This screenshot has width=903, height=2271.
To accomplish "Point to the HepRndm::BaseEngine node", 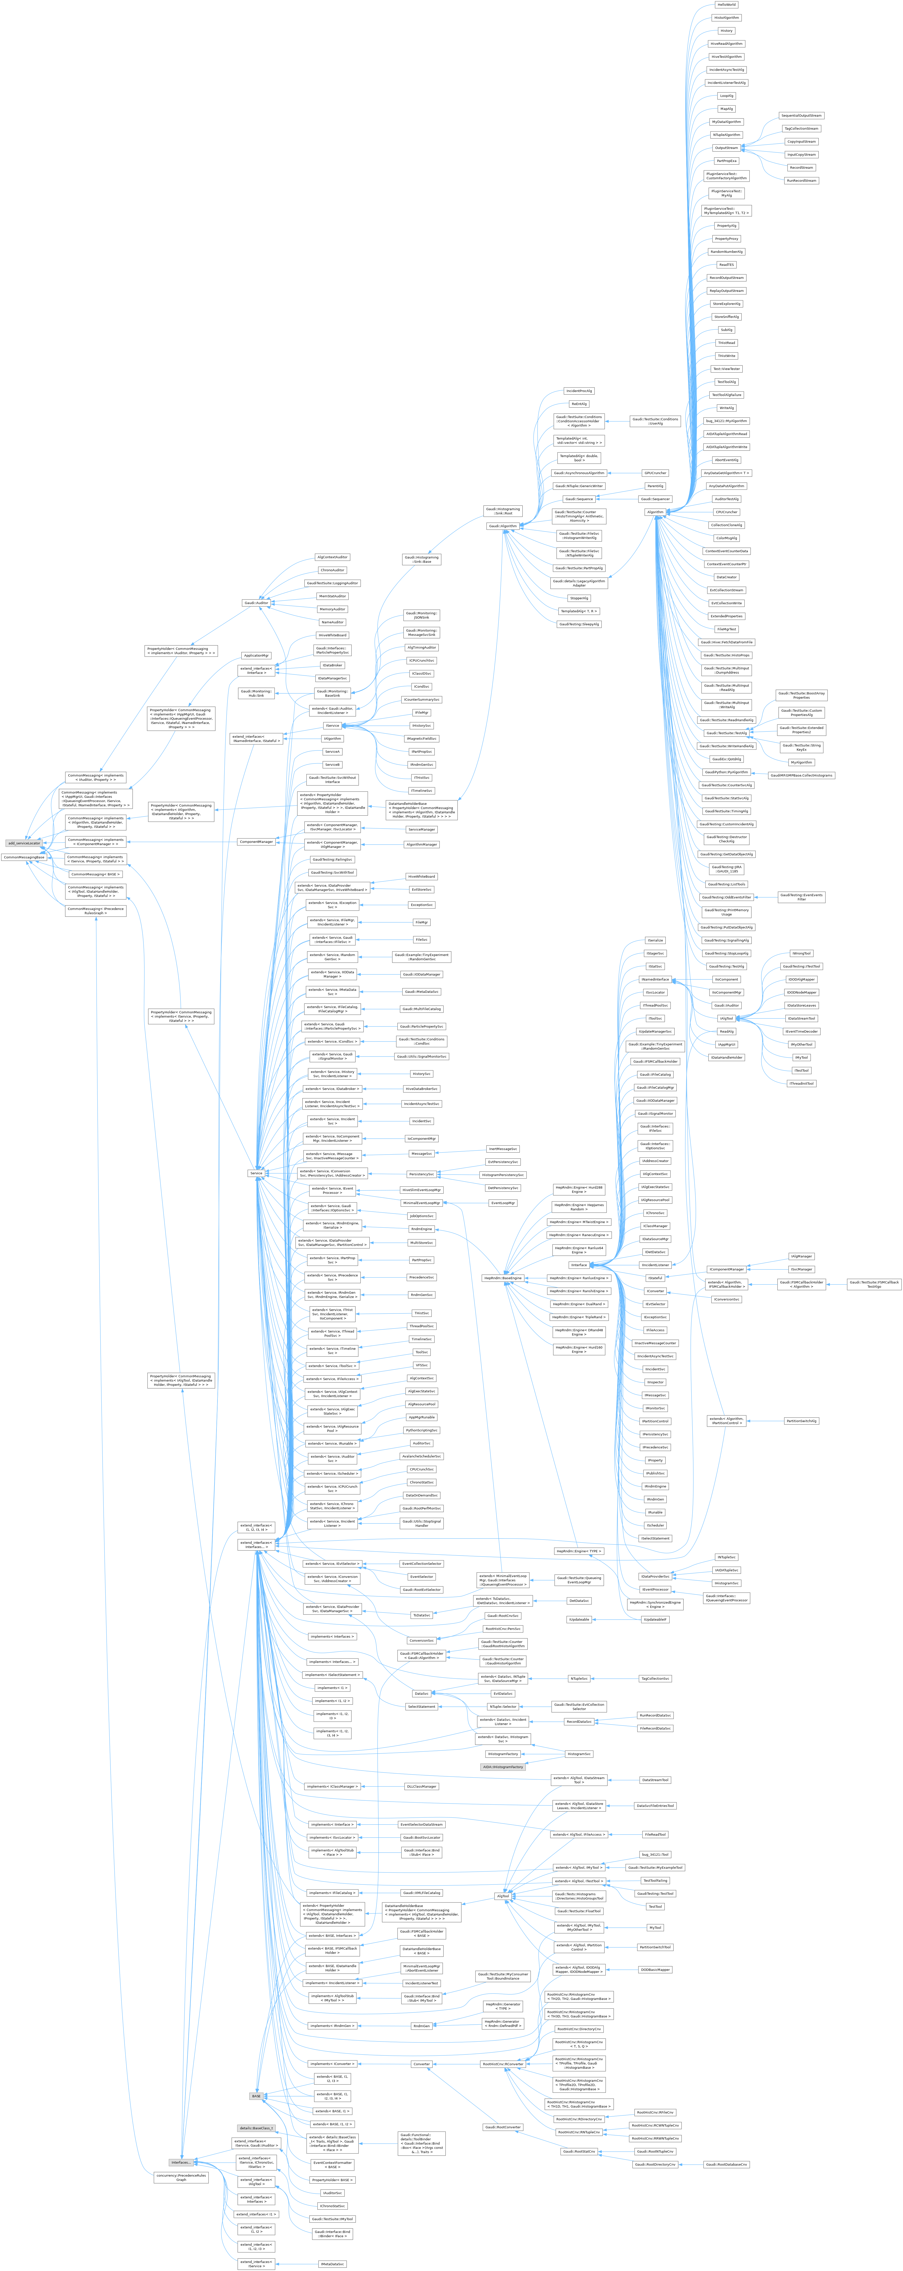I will [x=503, y=1277].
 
